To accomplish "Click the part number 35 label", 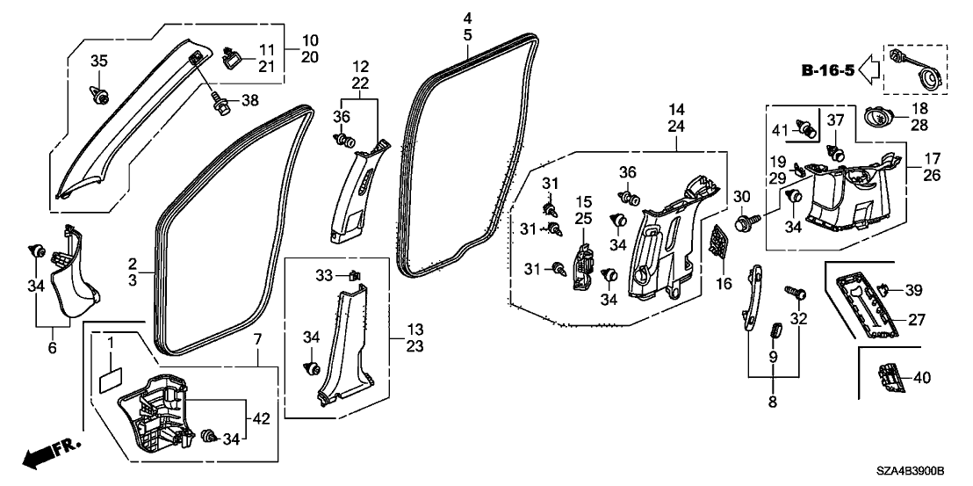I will point(99,61).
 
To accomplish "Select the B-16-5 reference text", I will point(826,69).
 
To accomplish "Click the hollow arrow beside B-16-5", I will point(868,69).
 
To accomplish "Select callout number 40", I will point(921,377).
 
